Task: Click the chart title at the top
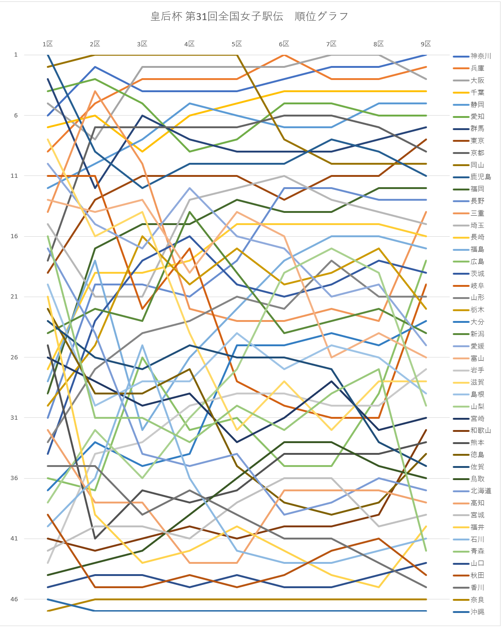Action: pos(250,16)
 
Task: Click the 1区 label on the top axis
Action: pos(48,44)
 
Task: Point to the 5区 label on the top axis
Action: pos(237,44)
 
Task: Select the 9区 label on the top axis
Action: pos(426,44)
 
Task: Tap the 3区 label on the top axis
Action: pos(142,44)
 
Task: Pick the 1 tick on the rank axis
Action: pos(16,55)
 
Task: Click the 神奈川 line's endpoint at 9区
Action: pos(426,55)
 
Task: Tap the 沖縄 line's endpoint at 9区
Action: pos(426,611)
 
